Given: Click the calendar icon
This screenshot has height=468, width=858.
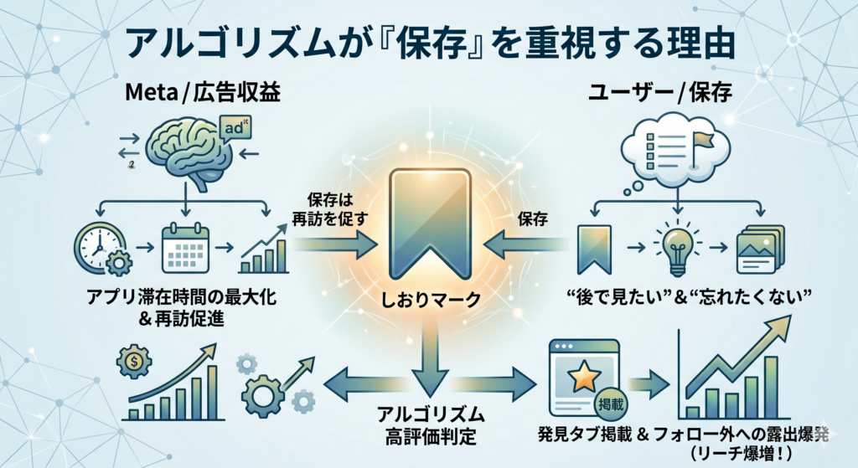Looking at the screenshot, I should tap(183, 248).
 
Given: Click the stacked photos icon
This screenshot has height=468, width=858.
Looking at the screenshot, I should tap(759, 249).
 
